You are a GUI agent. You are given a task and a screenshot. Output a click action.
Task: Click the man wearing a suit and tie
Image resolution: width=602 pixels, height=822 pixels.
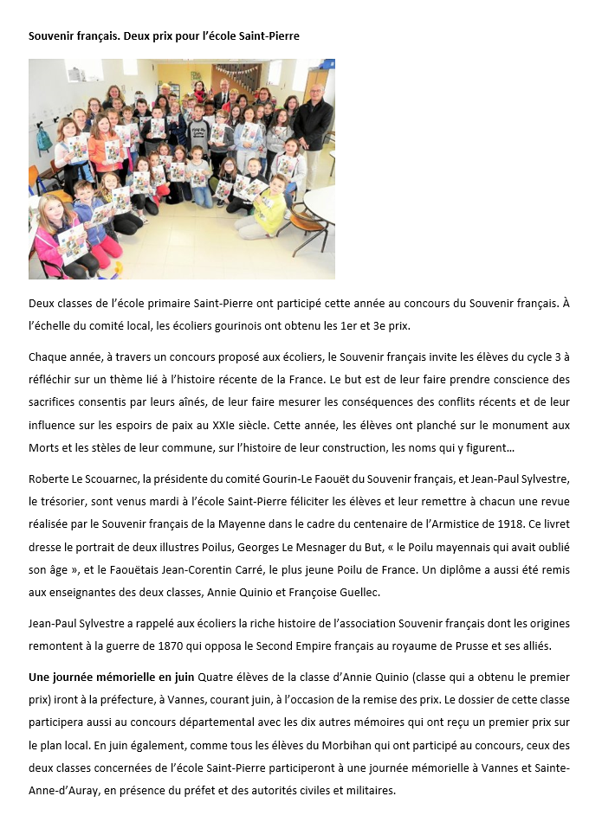223,93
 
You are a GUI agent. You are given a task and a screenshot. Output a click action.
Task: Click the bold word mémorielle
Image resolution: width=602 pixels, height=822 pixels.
126,678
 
